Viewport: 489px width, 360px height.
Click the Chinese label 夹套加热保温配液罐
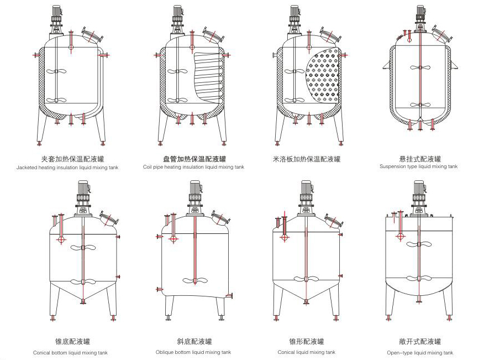(70, 159)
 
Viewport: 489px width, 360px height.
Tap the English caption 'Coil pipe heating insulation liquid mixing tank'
(193, 166)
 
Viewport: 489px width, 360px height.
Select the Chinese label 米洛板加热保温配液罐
(307, 159)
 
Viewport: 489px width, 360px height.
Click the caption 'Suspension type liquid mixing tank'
(418, 166)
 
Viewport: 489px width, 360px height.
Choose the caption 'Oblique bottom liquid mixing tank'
(193, 352)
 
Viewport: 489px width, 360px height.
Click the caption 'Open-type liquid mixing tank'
(420, 352)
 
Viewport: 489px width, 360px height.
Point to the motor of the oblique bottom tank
(194, 191)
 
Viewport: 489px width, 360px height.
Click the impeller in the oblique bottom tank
(195, 280)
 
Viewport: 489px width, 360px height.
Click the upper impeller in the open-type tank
(419, 244)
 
